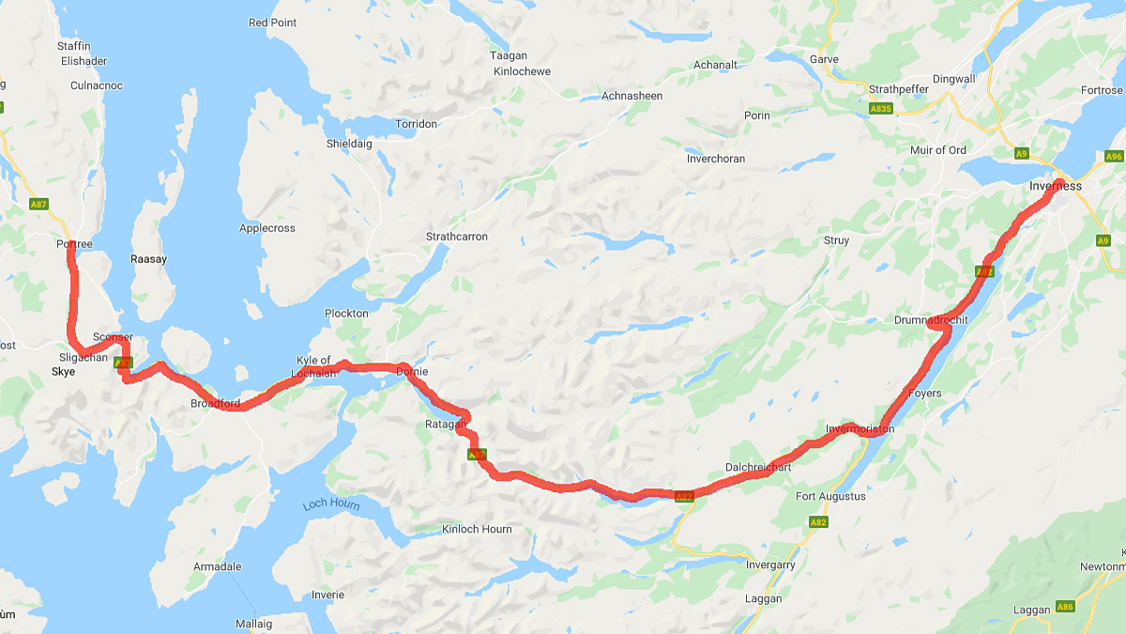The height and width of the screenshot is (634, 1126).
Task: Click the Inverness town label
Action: tap(1055, 186)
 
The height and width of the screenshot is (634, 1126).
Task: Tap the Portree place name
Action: tap(74, 244)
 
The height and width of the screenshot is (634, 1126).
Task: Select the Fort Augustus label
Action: tap(830, 496)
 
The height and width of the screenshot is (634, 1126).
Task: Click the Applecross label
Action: tap(266, 228)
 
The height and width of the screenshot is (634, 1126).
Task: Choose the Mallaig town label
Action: tap(253, 624)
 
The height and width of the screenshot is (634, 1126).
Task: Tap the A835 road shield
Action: tap(880, 109)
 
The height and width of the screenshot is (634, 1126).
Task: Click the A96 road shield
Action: tap(1114, 156)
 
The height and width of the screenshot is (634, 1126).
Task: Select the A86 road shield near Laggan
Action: tap(1065, 607)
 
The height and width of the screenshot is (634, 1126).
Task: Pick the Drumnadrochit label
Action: tap(930, 319)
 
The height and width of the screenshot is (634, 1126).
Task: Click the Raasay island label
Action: tap(147, 258)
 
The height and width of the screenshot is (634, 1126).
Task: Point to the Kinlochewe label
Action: tap(522, 71)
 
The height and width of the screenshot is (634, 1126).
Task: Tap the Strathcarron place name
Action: tap(457, 237)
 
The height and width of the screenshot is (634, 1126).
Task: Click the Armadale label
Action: tap(217, 566)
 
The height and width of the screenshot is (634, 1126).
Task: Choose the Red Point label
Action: tap(271, 23)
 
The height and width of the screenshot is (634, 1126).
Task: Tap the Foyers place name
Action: tap(924, 393)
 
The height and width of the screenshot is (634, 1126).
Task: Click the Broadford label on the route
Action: tap(215, 404)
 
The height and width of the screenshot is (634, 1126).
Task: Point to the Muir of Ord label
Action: tap(937, 150)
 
